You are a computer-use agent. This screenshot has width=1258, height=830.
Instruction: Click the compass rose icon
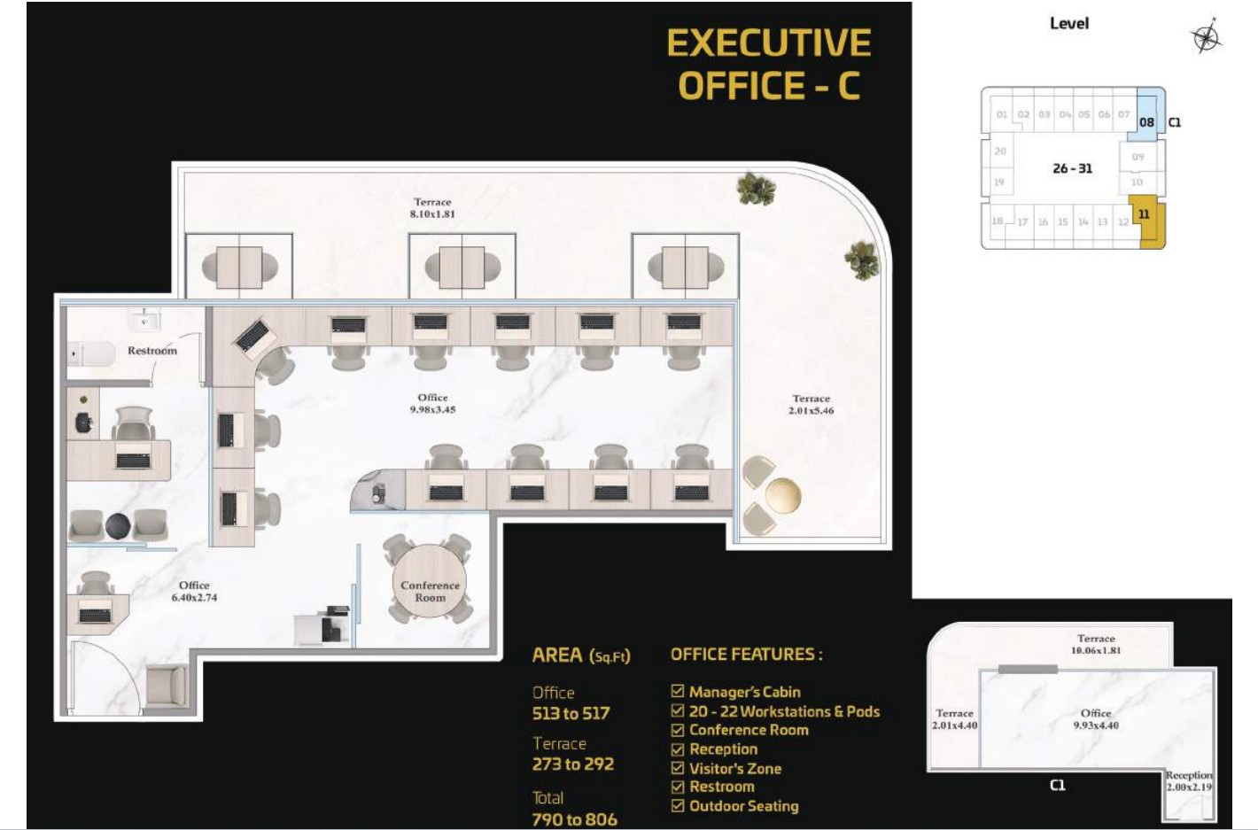[1206, 37]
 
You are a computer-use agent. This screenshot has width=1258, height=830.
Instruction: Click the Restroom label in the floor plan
[152, 351]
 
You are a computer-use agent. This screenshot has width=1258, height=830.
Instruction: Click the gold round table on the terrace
[783, 495]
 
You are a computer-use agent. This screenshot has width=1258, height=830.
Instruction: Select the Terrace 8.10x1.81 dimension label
[432, 208]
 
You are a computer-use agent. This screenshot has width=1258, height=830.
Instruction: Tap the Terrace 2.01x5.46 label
[811, 404]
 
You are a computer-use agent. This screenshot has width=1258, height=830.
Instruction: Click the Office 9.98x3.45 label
[432, 403]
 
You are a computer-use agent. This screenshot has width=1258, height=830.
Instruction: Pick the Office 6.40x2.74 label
[194, 592]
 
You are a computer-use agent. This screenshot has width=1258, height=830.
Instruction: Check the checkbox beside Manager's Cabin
[678, 691]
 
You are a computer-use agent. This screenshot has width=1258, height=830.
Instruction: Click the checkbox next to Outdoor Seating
[678, 805]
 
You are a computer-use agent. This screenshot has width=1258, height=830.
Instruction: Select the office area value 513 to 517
[571, 713]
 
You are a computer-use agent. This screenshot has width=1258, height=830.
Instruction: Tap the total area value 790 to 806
[574, 819]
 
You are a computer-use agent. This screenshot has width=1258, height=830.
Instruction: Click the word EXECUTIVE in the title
[769, 43]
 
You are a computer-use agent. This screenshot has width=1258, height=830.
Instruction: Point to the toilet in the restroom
[91, 353]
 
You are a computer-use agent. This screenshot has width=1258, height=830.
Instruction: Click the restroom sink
[145, 320]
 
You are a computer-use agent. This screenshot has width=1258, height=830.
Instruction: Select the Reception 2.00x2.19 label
[1189, 781]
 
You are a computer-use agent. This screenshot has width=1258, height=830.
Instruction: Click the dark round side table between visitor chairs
[118, 526]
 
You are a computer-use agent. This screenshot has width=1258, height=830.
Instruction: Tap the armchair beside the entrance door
[167, 686]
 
